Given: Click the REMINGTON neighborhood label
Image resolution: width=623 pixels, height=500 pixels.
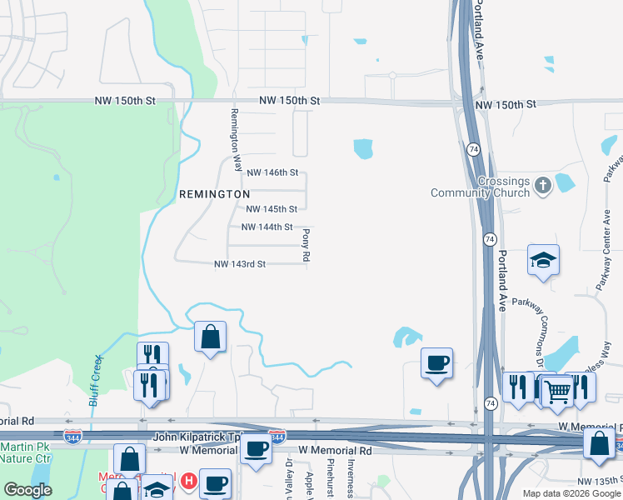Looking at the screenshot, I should (x=215, y=193).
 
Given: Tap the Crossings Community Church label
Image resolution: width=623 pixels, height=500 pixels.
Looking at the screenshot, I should (x=480, y=187).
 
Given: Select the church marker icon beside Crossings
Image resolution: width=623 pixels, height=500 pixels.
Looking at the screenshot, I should (x=542, y=184).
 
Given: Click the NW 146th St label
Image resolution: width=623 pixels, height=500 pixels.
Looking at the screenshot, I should (x=272, y=172).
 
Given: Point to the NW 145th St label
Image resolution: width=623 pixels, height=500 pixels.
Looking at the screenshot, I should (x=272, y=209).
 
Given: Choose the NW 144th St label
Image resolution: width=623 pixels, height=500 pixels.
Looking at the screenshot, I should (x=267, y=227).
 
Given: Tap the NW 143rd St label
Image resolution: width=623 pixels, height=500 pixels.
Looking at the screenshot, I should (x=240, y=264).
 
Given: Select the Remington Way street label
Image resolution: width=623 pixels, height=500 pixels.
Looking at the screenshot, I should (x=236, y=140).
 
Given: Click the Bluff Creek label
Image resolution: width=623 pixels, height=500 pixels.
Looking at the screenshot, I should (x=96, y=380).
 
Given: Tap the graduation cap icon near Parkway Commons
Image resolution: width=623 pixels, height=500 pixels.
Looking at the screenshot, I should (x=543, y=262).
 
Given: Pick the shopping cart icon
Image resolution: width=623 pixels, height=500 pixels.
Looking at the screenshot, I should (x=557, y=389).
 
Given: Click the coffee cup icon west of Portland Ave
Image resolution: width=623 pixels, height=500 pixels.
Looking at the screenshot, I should (x=436, y=363).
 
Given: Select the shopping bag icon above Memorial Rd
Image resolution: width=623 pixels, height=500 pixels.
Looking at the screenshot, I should (x=210, y=337).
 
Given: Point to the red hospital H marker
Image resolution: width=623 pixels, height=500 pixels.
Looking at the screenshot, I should (x=189, y=482).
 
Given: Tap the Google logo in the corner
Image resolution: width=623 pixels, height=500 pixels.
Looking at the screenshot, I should (x=27, y=490).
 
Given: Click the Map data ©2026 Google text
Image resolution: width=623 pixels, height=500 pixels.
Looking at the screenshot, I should (x=571, y=493).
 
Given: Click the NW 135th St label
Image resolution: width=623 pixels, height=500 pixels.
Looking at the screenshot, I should (x=600, y=481).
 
